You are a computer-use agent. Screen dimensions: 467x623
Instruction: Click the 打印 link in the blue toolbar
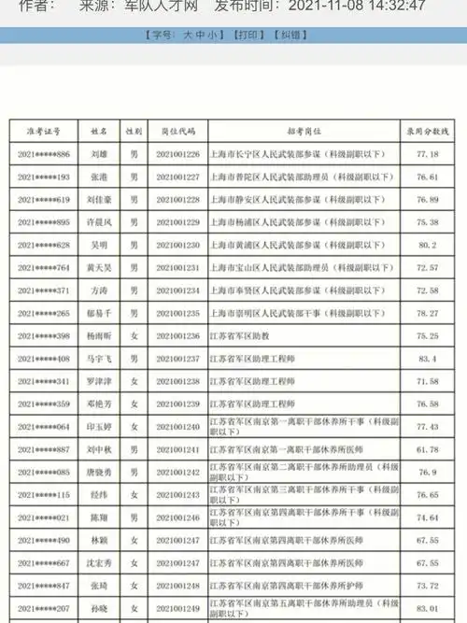pos(247,34)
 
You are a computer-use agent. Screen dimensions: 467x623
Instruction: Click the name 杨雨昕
pos(99,336)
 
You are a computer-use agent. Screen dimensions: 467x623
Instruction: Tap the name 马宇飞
pos(99,359)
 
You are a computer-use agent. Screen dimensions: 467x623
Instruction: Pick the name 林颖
pos(99,540)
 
